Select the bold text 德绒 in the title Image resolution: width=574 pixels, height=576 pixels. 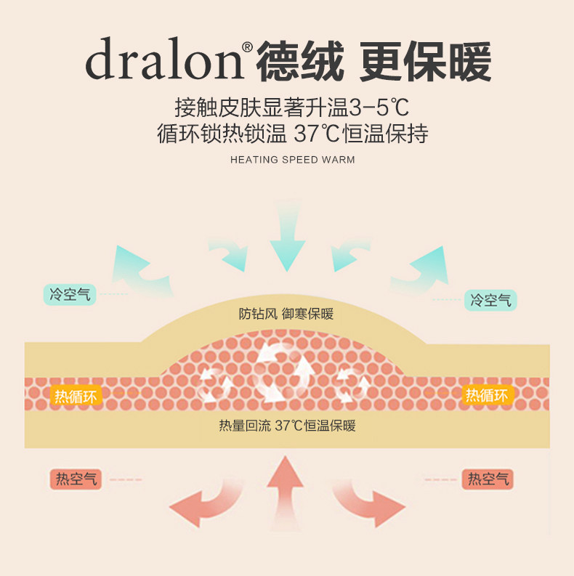click(x=299, y=60)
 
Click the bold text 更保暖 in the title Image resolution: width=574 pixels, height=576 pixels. click(x=426, y=60)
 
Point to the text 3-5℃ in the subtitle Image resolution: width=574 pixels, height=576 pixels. click(x=379, y=109)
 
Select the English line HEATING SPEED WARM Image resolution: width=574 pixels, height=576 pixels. click(x=292, y=159)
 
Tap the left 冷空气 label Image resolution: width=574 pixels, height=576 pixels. click(x=70, y=295)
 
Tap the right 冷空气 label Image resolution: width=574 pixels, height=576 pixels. click(x=490, y=300)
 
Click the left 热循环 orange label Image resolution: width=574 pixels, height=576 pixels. click(x=75, y=396)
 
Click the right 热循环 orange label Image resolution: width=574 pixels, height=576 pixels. click(x=487, y=395)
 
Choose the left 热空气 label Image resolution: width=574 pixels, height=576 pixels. click(x=76, y=479)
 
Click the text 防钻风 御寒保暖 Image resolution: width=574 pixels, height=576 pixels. click(x=286, y=314)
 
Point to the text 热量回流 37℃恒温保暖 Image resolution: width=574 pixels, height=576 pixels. click(x=287, y=426)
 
